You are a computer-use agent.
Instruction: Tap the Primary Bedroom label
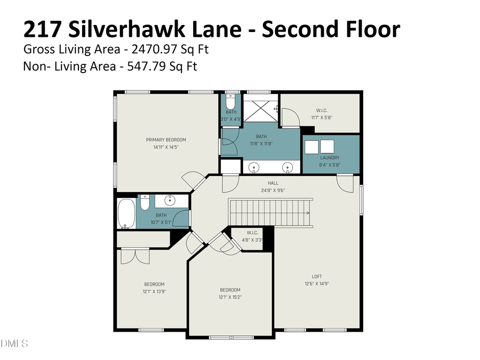click(166, 140)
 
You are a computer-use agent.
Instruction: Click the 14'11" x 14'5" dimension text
click(166, 147)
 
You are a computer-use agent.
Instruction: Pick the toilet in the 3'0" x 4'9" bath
click(230, 101)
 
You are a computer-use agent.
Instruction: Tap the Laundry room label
click(330, 158)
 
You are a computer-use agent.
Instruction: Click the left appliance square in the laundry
click(311, 146)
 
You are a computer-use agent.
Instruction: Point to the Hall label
click(273, 183)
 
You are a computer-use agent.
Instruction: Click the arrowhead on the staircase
click(307, 212)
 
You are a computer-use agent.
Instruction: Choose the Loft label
click(317, 276)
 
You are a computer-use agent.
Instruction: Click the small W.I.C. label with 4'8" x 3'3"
click(252, 233)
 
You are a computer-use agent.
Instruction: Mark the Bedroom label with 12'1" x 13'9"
click(154, 284)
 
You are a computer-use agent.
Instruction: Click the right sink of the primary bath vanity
click(288, 168)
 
